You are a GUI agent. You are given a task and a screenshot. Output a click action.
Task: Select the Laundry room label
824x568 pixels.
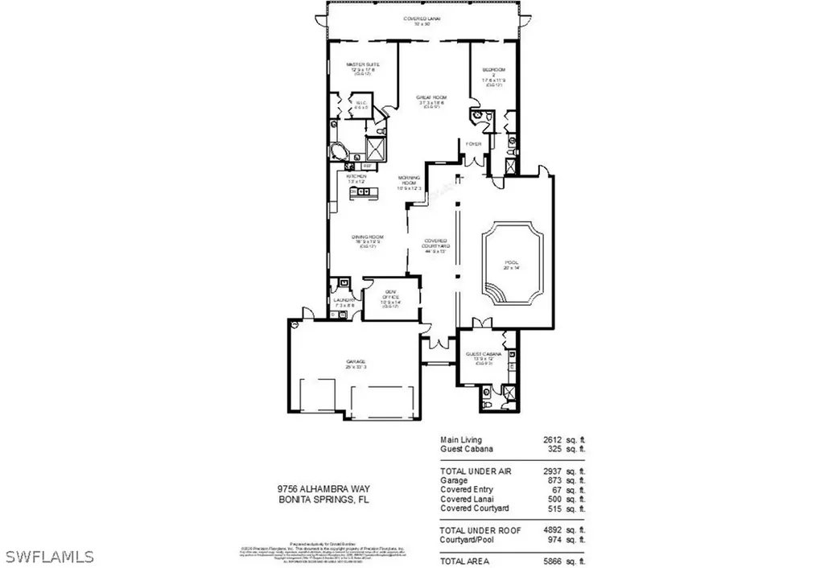point(344,303)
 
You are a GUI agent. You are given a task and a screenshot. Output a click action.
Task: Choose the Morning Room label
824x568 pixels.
point(410,179)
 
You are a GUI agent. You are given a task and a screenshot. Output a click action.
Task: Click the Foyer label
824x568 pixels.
point(473,144)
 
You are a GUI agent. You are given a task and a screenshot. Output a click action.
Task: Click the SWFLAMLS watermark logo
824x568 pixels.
point(50,556)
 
